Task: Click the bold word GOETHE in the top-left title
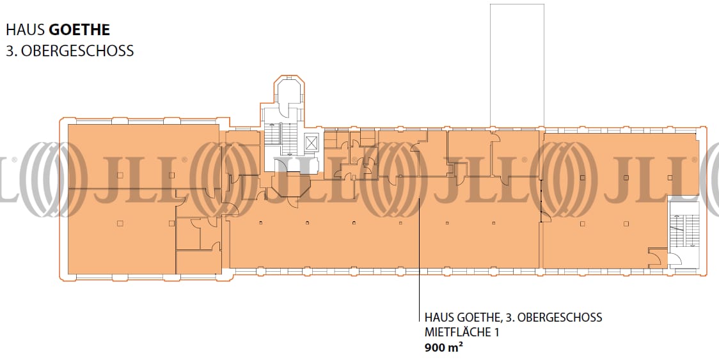coord(79,30)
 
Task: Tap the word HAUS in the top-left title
coord(25,30)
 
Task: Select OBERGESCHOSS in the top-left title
coord(77,51)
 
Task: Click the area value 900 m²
coord(443,347)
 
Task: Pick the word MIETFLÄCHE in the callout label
coord(457,332)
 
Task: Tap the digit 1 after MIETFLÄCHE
coord(496,332)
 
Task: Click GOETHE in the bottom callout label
coord(480,317)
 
